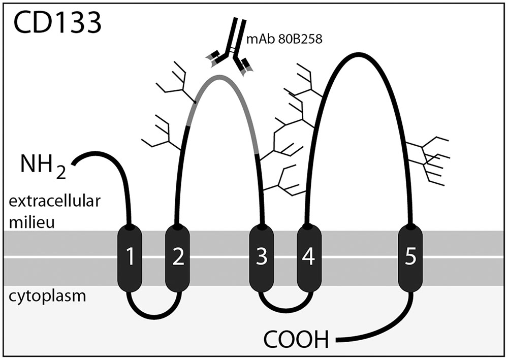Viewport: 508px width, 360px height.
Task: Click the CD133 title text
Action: coord(57,23)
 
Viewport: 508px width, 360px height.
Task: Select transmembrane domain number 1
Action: coord(130,258)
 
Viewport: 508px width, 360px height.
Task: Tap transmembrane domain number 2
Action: coord(178,258)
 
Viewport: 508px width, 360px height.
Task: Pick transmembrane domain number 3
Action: coord(262,258)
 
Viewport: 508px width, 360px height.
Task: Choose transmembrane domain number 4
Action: coord(308,258)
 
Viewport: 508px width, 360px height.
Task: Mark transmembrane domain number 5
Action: coord(409,258)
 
